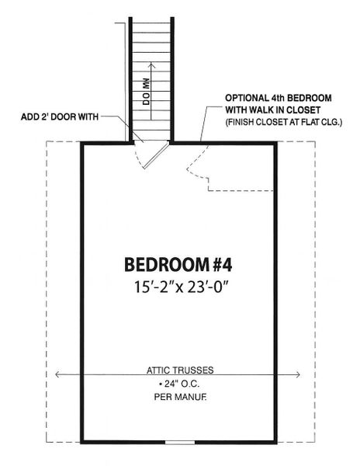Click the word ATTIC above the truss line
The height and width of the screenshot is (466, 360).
coord(161,370)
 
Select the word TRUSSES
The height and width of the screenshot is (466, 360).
coord(193,370)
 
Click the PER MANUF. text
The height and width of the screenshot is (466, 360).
coord(179,397)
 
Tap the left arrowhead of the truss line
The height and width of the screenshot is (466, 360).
coord(60,377)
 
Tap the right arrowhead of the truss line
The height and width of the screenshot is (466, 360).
coord(299,377)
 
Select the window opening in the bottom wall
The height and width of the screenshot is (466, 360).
coord(180,442)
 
